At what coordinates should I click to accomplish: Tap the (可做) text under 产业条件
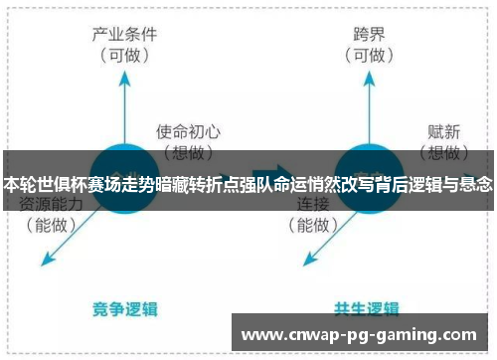(124, 56)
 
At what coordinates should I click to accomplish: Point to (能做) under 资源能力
(52, 226)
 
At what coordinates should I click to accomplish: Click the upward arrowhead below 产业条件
(124, 79)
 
